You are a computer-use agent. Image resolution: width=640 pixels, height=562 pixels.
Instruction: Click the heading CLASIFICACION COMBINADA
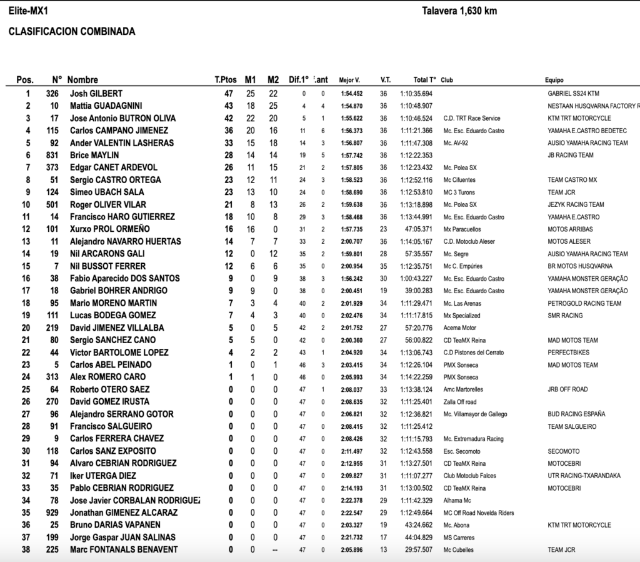[72, 32]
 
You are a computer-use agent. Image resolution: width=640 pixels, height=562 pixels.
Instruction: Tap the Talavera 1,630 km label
[459, 11]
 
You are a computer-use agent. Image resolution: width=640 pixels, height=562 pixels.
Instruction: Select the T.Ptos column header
[226, 80]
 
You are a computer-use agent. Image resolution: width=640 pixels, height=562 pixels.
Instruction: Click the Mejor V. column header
[349, 80]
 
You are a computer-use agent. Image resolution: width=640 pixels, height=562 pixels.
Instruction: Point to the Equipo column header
[554, 80]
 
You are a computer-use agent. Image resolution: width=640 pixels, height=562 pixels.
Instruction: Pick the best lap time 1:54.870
[351, 106]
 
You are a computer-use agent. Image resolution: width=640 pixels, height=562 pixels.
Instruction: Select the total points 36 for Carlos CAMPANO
[229, 131]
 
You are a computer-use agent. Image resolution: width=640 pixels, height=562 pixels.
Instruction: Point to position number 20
[26, 328]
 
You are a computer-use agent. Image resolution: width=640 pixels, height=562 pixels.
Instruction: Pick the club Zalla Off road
[459, 402]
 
